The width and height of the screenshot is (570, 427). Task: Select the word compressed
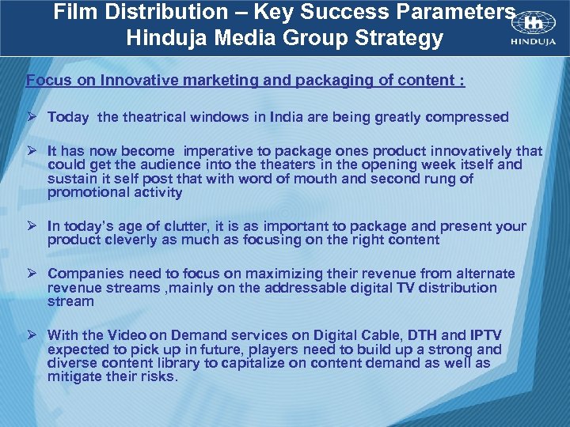point(467,117)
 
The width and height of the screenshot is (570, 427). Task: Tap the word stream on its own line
point(70,301)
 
